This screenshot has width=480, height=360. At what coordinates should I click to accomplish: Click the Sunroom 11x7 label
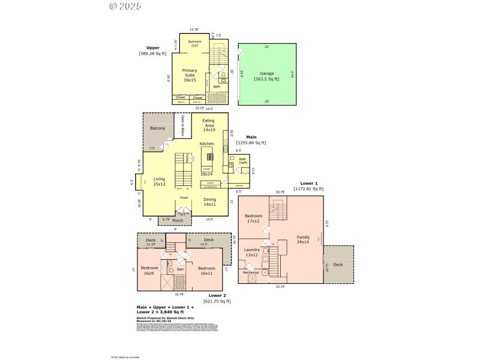(x=194, y=44)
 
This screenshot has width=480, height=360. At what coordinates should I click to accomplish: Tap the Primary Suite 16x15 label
(x=190, y=74)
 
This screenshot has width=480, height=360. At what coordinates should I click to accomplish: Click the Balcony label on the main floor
(x=157, y=128)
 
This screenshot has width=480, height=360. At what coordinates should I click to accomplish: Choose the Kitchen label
(x=206, y=144)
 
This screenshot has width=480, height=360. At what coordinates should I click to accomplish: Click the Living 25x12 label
(x=159, y=181)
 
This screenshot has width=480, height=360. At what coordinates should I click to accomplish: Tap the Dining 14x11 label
(x=209, y=202)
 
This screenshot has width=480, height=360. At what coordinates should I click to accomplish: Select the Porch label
(x=177, y=220)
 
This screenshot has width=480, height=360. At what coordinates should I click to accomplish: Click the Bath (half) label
(x=243, y=161)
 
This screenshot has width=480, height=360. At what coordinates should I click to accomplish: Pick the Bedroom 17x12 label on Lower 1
(x=253, y=218)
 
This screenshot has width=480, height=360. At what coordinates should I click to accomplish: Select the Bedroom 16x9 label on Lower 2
(x=149, y=270)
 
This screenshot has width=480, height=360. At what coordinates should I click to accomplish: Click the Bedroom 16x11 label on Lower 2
(x=206, y=270)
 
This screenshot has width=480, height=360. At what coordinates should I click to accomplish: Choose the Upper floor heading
(x=153, y=47)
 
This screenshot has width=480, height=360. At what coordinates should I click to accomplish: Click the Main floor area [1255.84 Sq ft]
(x=251, y=143)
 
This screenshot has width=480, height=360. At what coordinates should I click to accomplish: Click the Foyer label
(x=184, y=197)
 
